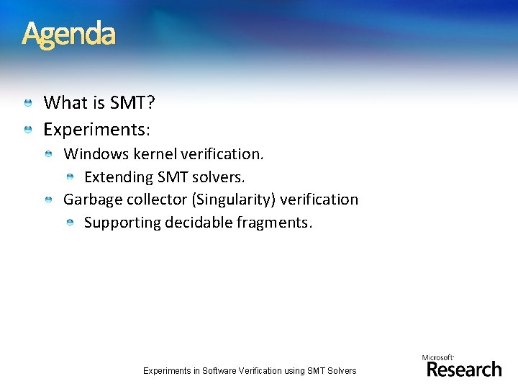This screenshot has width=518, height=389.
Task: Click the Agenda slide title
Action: [68, 34]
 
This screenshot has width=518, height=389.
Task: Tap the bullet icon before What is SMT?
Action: [27, 104]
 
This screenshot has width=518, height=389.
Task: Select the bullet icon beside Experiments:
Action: [27, 130]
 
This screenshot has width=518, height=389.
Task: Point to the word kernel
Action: [155, 153]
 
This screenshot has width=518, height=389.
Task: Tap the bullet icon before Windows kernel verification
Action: [47, 154]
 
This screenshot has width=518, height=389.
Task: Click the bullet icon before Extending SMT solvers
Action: [70, 177]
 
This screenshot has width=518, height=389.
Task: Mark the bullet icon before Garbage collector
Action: [47, 200]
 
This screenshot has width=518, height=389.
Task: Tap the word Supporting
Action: [122, 223]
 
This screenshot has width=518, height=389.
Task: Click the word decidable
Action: [199, 223]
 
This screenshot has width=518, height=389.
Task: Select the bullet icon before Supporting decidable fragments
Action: [70, 223]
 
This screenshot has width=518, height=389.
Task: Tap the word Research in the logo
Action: [464, 369]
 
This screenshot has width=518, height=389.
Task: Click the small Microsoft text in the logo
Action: [437, 357]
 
